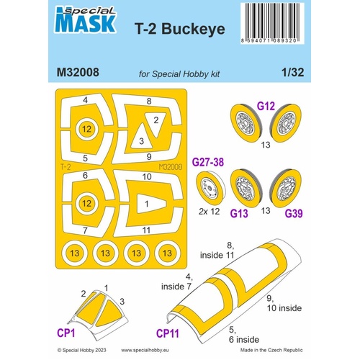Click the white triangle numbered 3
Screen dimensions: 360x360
[141, 141]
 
